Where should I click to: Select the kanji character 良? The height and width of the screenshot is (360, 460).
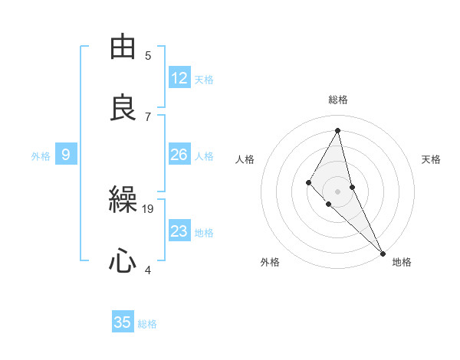pos(123,107)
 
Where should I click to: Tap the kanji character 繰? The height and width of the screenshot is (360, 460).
pos(123,201)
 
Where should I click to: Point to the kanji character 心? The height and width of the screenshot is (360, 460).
pos(123,261)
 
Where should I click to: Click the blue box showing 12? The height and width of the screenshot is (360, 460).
pos(179,78)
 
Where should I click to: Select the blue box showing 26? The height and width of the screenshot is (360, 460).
pos(179,155)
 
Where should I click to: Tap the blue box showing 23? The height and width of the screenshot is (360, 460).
pos(179,231)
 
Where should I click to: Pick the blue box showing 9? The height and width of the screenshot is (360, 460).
pos(66,155)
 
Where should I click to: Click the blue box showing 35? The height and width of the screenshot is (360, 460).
pos(123,322)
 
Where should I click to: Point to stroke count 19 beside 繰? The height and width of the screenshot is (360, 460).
pos(148,208)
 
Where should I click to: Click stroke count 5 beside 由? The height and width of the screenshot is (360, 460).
pos(148,55)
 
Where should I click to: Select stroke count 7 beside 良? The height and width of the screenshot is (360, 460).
pos(148,116)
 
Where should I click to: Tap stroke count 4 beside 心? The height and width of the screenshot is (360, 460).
pos(148,270)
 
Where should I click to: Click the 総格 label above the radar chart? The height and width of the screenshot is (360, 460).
pos(338,100)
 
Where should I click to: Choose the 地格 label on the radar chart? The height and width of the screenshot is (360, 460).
pos(402,262)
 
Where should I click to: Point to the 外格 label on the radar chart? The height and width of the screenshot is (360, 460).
pos(270,262)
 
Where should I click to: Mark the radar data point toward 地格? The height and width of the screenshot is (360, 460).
pos(383,252)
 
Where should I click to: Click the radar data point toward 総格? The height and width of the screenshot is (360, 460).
pos(338,130)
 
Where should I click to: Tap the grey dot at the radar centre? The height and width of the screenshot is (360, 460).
pos(338,191)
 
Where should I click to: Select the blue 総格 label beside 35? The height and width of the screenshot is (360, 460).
pos(147,324)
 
